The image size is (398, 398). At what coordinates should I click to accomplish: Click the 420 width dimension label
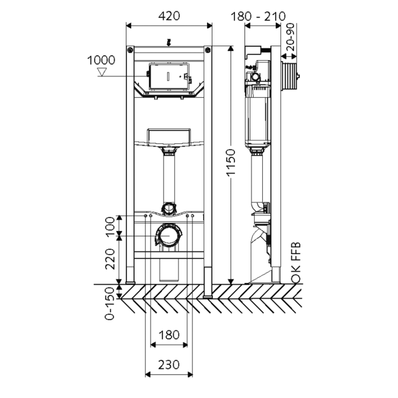(x=169, y=16)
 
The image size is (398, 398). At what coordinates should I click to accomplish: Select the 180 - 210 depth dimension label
(x=258, y=17)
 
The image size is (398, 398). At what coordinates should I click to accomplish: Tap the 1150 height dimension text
(x=231, y=163)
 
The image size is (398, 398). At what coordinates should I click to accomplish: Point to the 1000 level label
(x=101, y=60)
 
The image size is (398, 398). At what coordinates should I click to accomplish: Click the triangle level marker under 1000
(x=102, y=72)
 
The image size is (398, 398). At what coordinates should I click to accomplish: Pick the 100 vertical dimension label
(x=110, y=227)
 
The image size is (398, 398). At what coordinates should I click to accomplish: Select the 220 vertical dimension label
(x=110, y=259)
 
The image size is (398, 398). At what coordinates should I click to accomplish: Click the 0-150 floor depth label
(x=109, y=303)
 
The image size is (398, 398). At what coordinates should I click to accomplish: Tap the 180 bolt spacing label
(x=169, y=335)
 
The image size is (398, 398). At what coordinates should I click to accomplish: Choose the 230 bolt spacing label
(x=169, y=365)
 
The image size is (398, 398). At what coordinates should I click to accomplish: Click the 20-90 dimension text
(x=291, y=37)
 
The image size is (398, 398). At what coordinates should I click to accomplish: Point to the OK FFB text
(x=296, y=263)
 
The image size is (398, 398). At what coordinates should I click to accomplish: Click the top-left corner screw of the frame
(x=130, y=50)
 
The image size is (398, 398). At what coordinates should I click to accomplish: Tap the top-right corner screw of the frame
(x=207, y=50)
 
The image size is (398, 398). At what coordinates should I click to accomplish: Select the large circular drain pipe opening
(x=169, y=235)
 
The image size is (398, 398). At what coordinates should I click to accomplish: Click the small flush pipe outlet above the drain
(x=169, y=208)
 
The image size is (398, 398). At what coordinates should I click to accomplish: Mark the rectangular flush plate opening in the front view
(x=169, y=76)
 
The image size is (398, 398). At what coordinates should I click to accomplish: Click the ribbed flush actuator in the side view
(x=290, y=76)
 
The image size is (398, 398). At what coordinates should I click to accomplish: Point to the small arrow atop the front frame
(x=169, y=43)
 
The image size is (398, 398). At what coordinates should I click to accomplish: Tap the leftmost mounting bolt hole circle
(x=145, y=216)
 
